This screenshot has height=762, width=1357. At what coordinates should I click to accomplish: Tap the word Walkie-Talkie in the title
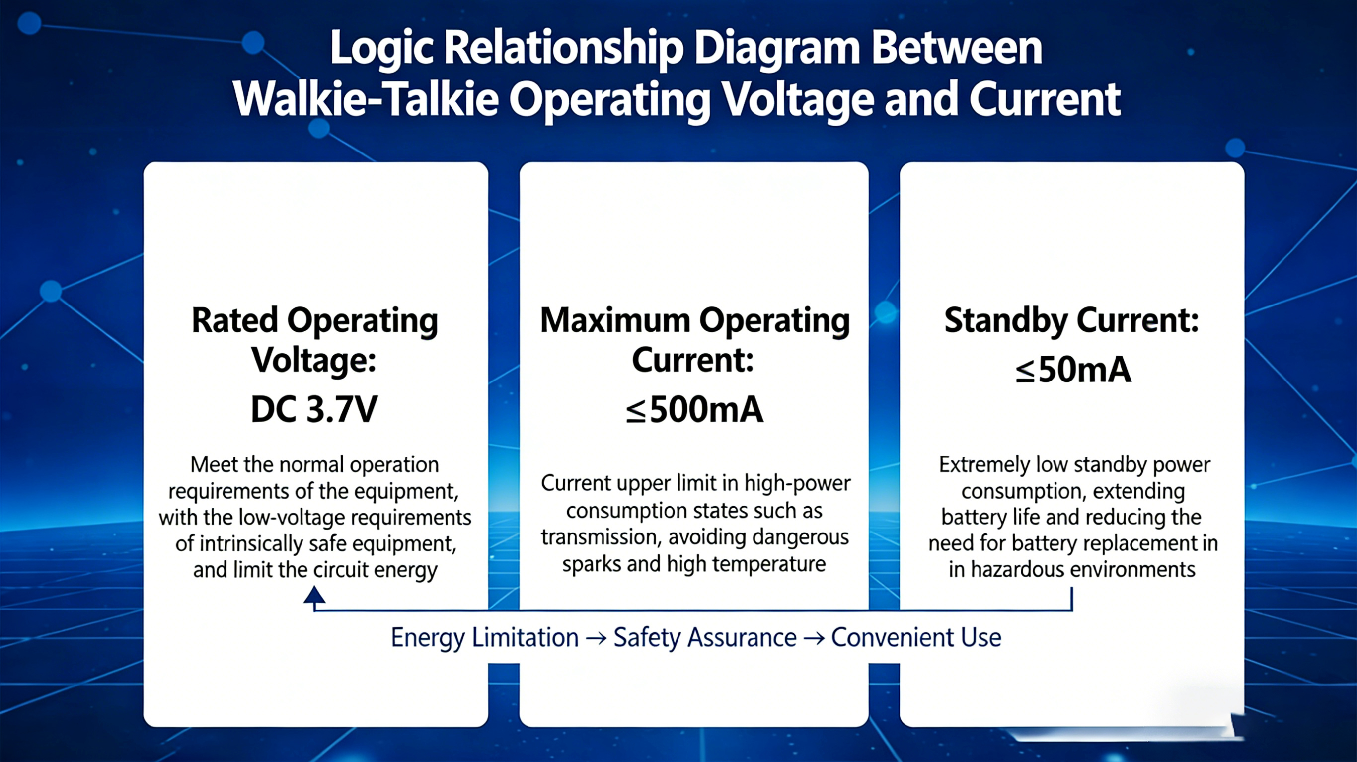click(x=366, y=100)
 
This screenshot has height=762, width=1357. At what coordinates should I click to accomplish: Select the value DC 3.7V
click(x=314, y=409)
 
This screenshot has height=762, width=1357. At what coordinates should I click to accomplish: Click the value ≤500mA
click(x=694, y=410)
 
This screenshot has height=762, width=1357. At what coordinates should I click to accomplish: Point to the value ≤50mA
click(x=1073, y=370)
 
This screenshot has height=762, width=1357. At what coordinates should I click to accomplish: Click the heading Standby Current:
click(x=1071, y=320)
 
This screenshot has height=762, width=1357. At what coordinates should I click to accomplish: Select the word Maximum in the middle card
click(x=615, y=320)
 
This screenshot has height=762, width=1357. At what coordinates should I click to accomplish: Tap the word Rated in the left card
click(x=234, y=320)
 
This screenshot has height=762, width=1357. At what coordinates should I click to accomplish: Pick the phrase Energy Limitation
click(x=485, y=638)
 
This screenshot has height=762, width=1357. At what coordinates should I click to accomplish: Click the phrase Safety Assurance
click(x=705, y=638)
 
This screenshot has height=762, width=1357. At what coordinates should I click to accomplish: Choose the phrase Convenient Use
click(x=916, y=638)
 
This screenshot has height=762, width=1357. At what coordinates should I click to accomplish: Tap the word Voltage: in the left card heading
click(x=314, y=361)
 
